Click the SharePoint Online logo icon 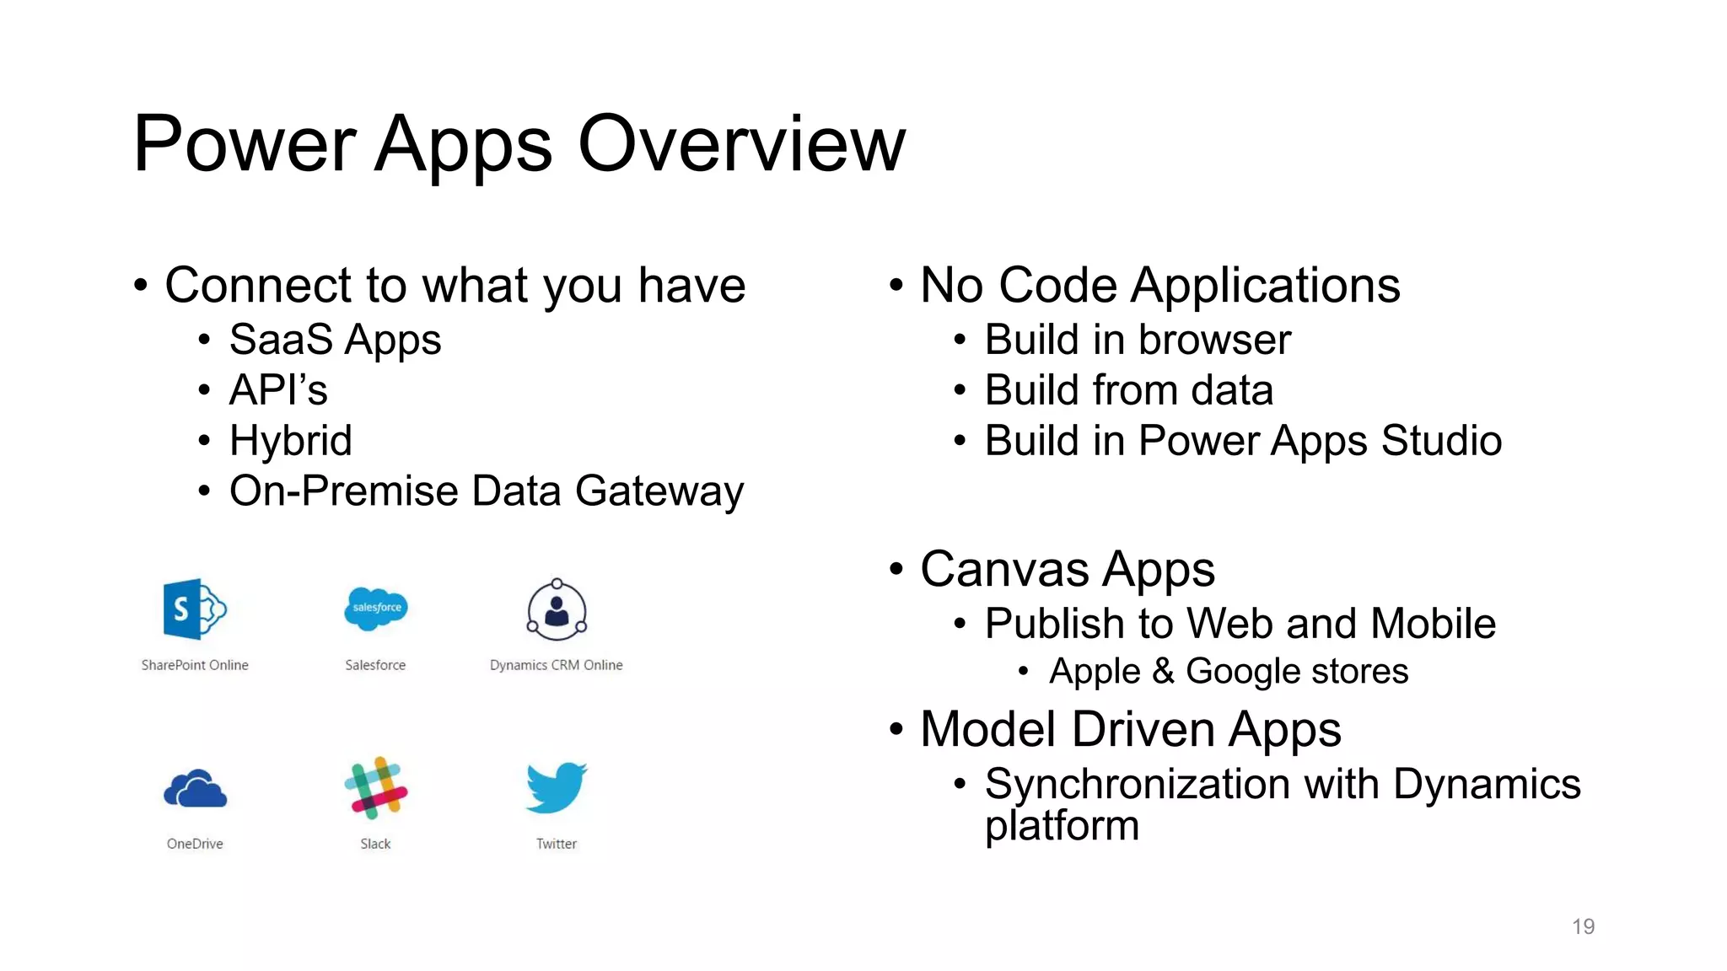(194, 609)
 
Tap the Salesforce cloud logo (376, 608)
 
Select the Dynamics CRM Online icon (557, 609)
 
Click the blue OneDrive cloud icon (195, 790)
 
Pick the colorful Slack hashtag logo (376, 788)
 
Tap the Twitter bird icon (557, 787)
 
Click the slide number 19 (1583, 926)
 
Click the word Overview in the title (741, 144)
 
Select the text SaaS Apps (335, 340)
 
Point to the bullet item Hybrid (290, 441)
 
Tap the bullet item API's (278, 390)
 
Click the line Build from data (1128, 390)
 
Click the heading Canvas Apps (1067, 569)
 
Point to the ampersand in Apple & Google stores (1163, 671)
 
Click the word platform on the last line (1062, 825)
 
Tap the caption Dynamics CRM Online (556, 665)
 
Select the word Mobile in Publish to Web (1433, 624)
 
